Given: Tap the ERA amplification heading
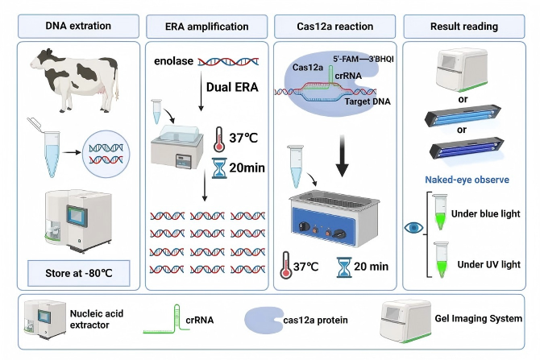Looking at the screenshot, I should tap(207, 26).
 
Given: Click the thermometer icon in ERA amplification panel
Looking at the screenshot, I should tap(220, 139).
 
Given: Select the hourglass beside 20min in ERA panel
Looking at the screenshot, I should tap(219, 170).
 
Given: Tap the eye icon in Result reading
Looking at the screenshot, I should tap(415, 228).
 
